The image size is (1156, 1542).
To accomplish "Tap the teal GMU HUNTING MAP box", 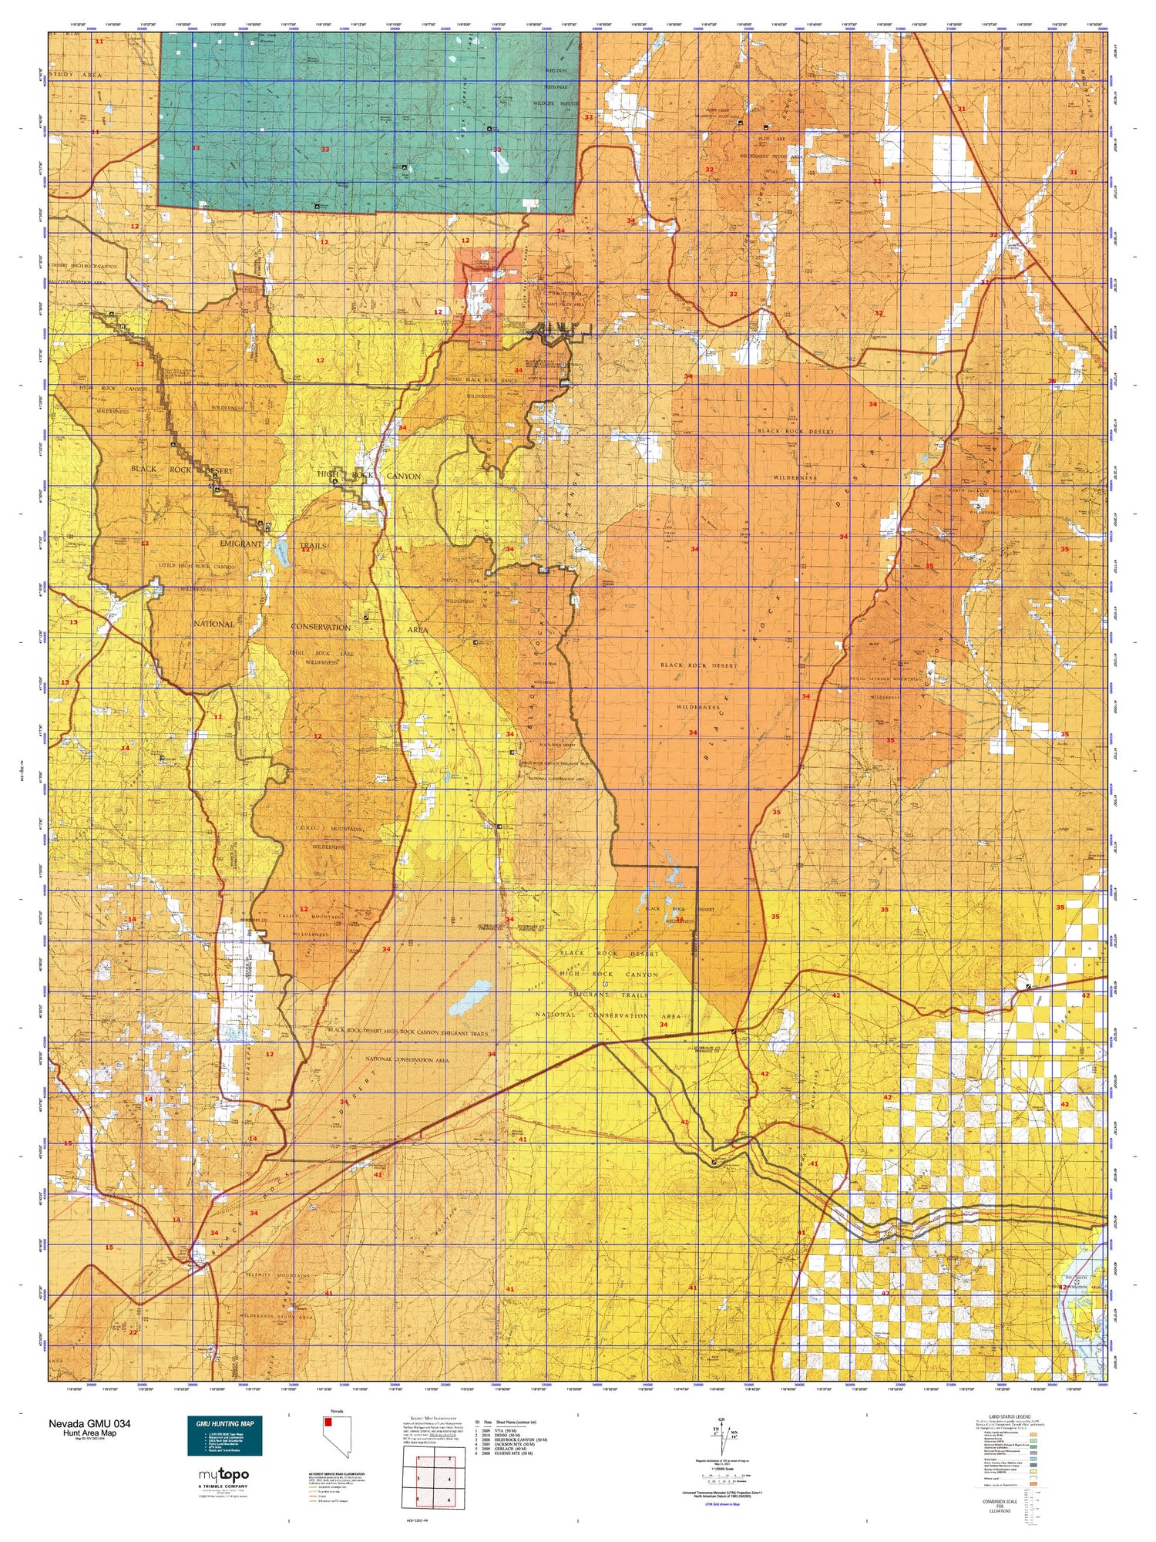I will coord(224,1435).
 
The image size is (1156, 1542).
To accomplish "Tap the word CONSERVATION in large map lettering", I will coord(321,628).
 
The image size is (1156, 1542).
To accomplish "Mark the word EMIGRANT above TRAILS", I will coord(240,544).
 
